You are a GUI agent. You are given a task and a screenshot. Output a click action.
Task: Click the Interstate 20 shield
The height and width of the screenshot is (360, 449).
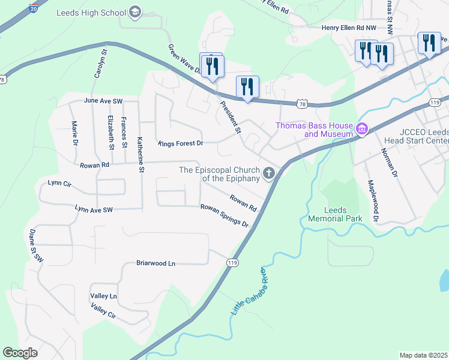tap(33, 10)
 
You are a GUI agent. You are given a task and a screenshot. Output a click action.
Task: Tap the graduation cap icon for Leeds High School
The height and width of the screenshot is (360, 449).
tap(136, 13)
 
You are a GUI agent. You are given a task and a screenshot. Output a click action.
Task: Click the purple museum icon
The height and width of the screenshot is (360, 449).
tap(361, 129)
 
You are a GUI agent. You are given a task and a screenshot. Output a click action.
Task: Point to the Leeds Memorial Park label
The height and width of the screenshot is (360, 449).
tap(335, 214)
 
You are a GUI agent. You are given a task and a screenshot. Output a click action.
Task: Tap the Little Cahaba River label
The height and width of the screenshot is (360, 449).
tap(246, 292)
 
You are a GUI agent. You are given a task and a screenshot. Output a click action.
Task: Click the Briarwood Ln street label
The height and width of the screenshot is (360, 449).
tap(155, 263)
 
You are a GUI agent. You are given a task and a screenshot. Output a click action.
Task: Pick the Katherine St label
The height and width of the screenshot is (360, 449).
tap(142, 153)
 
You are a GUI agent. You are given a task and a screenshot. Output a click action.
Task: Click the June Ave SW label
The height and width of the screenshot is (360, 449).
tap(103, 100)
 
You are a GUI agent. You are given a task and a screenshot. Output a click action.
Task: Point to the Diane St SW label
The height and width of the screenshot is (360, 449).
tap(36, 247)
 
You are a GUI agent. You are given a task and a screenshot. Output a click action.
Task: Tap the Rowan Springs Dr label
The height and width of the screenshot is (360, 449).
tap(224, 215)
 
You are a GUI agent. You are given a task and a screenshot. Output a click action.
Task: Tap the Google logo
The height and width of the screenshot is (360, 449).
tap(20, 352)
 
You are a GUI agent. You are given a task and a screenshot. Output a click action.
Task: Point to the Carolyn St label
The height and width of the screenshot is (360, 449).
tap(100, 64)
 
